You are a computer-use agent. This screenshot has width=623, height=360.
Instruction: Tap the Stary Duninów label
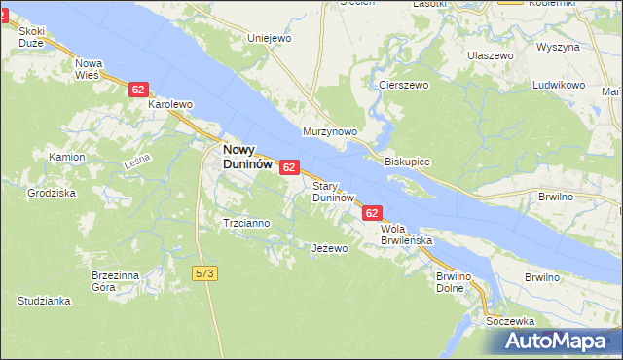pyautogui.click(x=332, y=191)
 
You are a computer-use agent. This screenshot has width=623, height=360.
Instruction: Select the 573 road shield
pyautogui.click(x=204, y=274)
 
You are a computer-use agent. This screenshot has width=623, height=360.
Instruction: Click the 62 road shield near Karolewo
pyautogui.click(x=137, y=90)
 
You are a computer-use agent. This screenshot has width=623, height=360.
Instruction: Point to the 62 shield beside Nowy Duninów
pyautogui.click(x=288, y=167)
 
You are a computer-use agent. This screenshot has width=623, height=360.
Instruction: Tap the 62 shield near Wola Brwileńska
pyautogui.click(x=372, y=212)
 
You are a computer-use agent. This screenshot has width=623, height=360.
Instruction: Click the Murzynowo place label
pyautogui.click(x=330, y=131)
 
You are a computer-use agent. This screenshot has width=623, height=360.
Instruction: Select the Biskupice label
pyautogui.click(x=408, y=161)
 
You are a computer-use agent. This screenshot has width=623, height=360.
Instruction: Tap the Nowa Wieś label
pyautogui.click(x=90, y=68)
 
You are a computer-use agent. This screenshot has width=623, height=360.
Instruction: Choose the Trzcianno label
pyautogui.click(x=246, y=223)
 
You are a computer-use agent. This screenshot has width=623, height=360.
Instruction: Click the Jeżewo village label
pyautogui.click(x=329, y=249)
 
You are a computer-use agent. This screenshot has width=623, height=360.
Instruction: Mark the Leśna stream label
pyautogui.click(x=137, y=162)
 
